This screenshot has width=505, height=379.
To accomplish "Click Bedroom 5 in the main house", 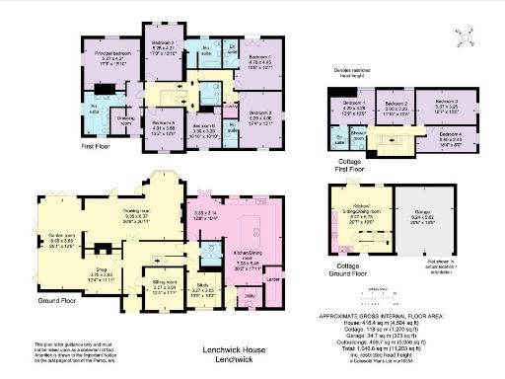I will click(163, 122).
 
